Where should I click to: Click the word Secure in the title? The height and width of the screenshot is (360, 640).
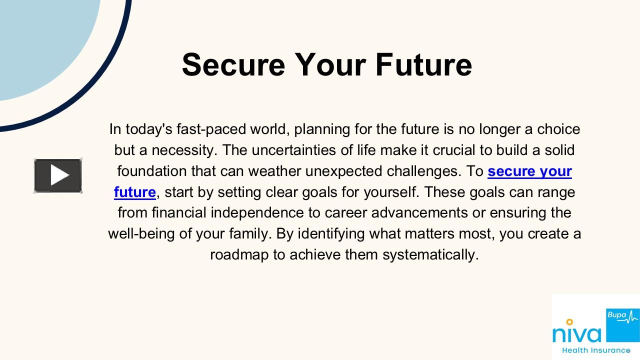click(x=233, y=65)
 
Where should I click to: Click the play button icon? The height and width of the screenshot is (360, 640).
click(x=58, y=175)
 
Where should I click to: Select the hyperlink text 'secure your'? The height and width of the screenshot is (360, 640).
click(x=529, y=171)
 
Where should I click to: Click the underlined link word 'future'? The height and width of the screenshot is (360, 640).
click(x=134, y=192)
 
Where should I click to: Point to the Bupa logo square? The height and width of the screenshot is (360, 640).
click(x=622, y=325)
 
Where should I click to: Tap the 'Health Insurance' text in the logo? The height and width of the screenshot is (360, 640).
click(x=596, y=350)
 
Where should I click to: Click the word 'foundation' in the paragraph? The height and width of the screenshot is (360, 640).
click(x=152, y=171)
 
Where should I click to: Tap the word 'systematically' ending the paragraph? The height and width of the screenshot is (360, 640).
click(x=430, y=255)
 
